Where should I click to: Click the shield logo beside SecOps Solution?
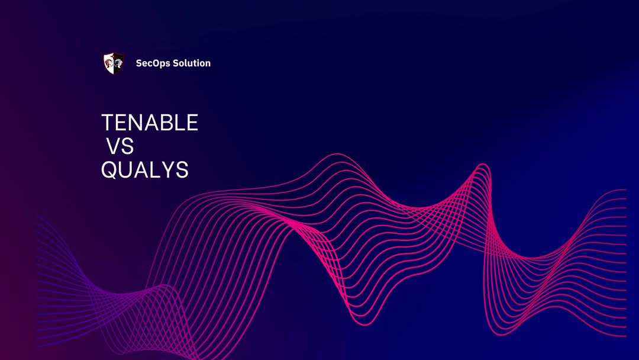click(114, 63)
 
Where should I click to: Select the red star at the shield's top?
click(114, 56)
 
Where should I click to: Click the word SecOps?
click(153, 63)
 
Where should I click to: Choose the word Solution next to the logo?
click(191, 63)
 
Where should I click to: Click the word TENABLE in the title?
click(150, 123)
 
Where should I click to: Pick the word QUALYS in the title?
click(145, 170)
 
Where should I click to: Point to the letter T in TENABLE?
click(107, 123)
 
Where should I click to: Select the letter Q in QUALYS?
click(109, 171)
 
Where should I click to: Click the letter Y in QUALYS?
click(167, 170)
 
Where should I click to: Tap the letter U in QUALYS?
click(126, 170)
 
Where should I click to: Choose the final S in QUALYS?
click(182, 170)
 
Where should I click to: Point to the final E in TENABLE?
click(192, 123)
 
